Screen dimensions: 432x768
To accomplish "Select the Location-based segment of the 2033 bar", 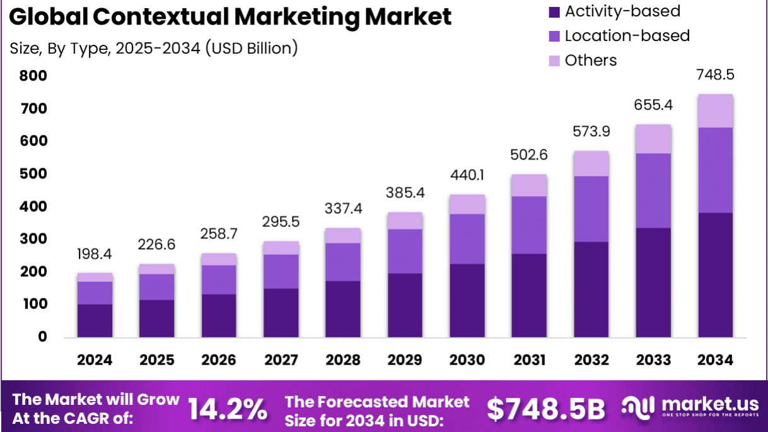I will tap(653, 190).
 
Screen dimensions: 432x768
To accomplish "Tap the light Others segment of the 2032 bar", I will tap(591, 163).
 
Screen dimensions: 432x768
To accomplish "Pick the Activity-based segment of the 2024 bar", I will tap(95, 320).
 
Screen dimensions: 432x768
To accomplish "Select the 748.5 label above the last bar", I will tap(715, 75).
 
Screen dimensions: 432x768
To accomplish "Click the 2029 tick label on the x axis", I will tap(405, 360).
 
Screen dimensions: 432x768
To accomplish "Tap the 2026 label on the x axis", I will tap(219, 360).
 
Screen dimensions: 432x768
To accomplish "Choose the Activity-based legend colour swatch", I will tap(554, 12).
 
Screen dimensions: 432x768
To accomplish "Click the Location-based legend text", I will tap(627, 36).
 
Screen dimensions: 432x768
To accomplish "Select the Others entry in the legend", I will tap(590, 61).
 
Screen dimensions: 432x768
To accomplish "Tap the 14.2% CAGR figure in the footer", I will tap(228, 409).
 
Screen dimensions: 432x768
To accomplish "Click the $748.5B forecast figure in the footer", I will tap(545, 409).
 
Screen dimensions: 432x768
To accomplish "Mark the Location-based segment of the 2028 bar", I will tap(343, 262).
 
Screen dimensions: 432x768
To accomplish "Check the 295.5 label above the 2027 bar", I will tap(281, 222).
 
